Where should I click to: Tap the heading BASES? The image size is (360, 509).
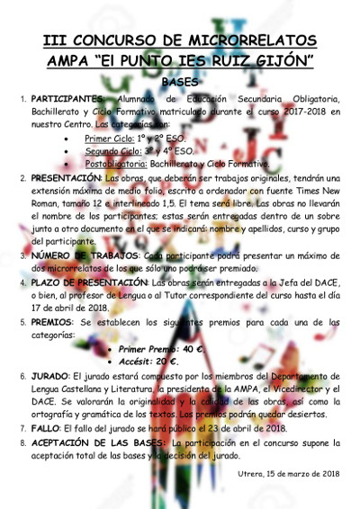pos(180,82)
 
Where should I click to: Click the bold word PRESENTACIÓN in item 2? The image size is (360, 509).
pos(66,178)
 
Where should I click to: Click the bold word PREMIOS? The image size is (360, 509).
pos(53,320)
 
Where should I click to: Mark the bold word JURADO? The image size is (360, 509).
pos(50,377)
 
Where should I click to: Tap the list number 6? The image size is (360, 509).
pos(23,377)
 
